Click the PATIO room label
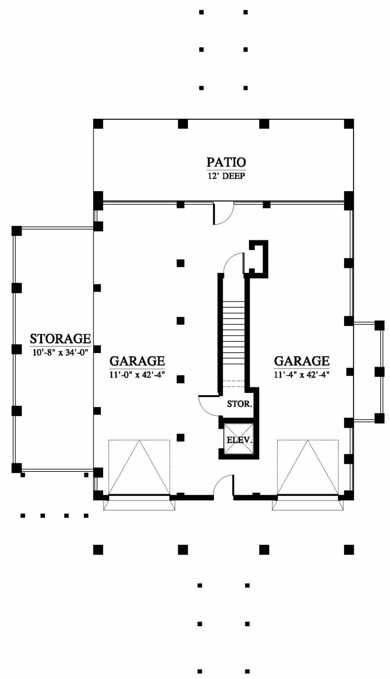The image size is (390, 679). [x=226, y=162]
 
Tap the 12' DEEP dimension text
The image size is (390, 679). [x=226, y=176]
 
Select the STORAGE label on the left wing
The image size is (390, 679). [x=60, y=339]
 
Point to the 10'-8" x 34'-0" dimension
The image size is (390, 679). [x=60, y=352]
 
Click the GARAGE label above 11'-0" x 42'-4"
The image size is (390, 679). [x=137, y=361]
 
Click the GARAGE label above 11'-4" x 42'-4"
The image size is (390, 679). [x=302, y=361]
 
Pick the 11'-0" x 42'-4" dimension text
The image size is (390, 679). [x=137, y=375]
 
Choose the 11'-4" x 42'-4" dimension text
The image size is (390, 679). [x=302, y=375]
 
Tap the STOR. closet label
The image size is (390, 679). [x=240, y=404]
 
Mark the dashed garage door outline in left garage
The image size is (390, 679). [x=139, y=467]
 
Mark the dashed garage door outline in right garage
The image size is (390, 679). [x=308, y=467]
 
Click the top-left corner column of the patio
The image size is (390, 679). [x=98, y=124]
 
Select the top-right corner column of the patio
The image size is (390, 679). [x=349, y=124]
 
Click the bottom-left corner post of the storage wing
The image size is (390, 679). [x=17, y=468]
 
